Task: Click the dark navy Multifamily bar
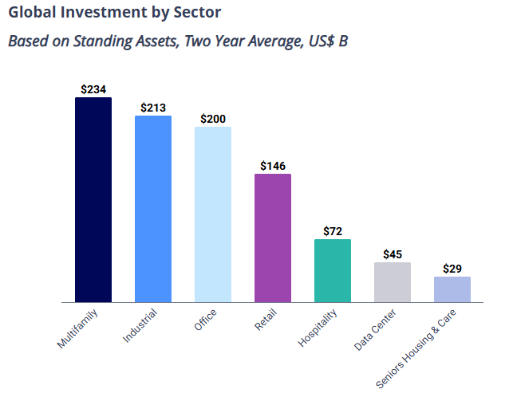coord(93,200)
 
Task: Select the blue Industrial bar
coord(153,209)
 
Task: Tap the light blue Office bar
coord(213,214)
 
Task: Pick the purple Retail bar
coord(273,238)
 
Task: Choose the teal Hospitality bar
coord(333,271)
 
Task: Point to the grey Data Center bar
coord(393,282)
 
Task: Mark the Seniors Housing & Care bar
coord(452,289)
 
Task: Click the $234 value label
coord(93,89)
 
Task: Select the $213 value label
coord(153,107)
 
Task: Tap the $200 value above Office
coord(213,118)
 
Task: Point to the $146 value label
coord(273,165)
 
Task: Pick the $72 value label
coord(333,231)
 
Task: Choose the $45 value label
coord(393,254)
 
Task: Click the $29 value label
coord(452,269)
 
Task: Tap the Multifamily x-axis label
coord(77,328)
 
